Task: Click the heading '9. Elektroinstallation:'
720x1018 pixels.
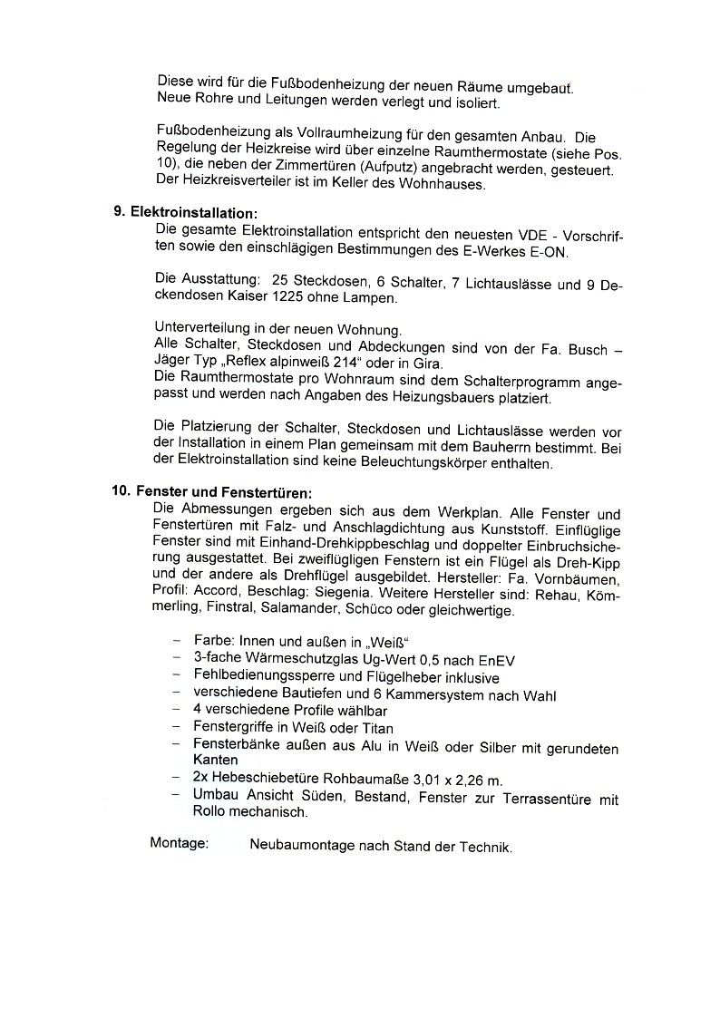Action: coord(186,212)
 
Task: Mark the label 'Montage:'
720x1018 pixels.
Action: coord(180,844)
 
